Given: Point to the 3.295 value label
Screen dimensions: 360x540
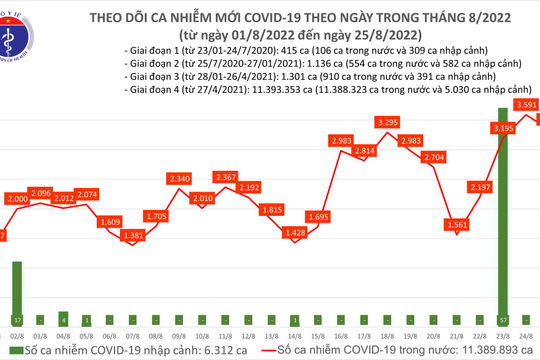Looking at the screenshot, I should point(387,122).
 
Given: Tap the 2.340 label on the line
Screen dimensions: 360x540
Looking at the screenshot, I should point(180,178).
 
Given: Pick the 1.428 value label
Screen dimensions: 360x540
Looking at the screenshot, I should point(295,232).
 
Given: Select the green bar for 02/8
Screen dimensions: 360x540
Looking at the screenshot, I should point(16,290).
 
